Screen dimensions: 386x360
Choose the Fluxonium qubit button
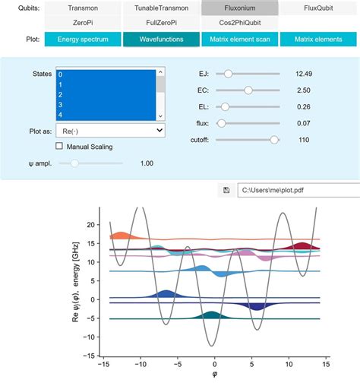(x=239, y=8)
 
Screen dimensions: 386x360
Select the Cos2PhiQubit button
(x=239, y=23)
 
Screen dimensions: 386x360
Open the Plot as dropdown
(x=110, y=131)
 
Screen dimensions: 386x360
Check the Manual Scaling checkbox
(x=60, y=146)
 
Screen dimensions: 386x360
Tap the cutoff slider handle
(x=274, y=140)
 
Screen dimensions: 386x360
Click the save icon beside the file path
(x=226, y=190)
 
